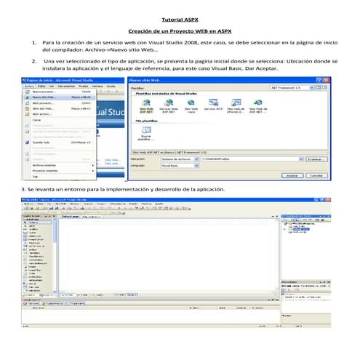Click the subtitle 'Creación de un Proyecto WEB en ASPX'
pos(180,32)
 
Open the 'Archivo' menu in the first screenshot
pos(28,86)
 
